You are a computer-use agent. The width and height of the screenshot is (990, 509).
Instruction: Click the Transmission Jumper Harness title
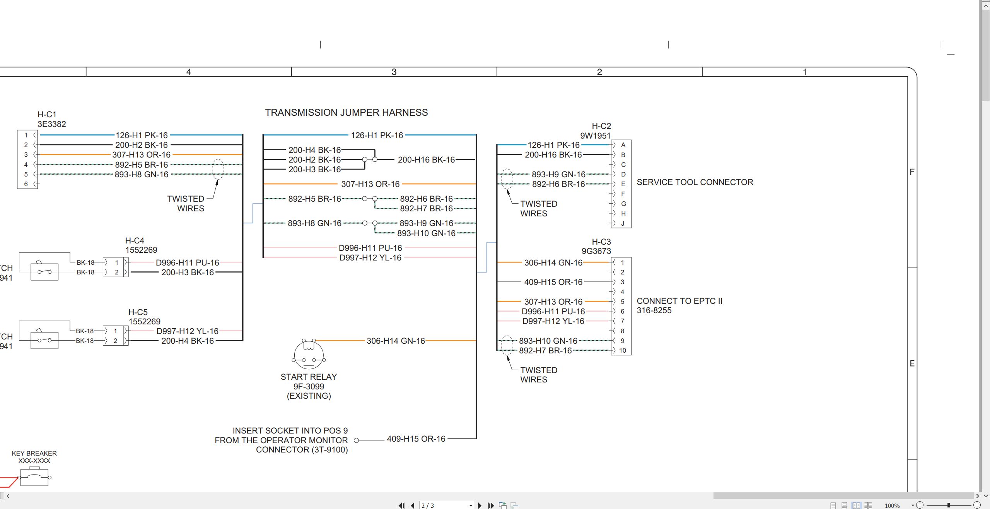click(346, 113)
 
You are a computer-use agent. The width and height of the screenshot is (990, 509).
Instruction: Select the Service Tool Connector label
click(695, 182)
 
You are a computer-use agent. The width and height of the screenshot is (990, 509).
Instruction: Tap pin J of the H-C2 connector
click(623, 223)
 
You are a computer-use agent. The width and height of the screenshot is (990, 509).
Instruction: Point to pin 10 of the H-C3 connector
click(623, 351)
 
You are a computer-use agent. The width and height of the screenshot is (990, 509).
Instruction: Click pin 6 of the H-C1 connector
click(26, 184)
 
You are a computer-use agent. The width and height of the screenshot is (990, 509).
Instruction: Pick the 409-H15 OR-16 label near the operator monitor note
click(416, 439)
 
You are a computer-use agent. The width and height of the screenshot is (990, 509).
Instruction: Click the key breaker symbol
click(34, 477)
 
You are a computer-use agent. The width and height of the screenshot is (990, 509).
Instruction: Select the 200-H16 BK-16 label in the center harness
click(426, 159)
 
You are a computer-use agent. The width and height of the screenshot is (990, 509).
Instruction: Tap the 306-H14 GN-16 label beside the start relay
click(396, 341)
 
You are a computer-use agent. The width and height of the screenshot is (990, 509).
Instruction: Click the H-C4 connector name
click(135, 241)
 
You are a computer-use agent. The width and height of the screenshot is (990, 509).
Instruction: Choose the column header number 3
click(394, 72)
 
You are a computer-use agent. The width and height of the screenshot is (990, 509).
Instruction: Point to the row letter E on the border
click(912, 363)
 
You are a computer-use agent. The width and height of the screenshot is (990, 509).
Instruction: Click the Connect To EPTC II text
click(679, 301)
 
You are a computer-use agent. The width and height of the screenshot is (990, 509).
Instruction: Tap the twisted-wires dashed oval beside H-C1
click(218, 169)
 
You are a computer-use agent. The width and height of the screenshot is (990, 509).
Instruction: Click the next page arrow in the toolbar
click(480, 506)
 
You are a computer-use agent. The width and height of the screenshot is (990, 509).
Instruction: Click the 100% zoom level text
click(892, 506)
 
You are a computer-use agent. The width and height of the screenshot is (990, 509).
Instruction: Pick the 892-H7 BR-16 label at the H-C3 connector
click(545, 351)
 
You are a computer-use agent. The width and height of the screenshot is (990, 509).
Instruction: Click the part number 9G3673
click(596, 251)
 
